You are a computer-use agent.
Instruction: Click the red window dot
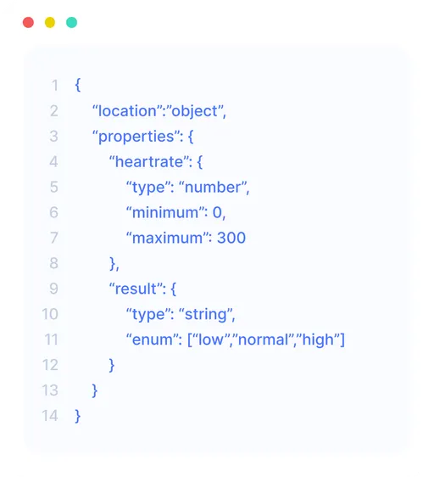pos(28,23)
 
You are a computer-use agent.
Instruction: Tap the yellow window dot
pos(50,23)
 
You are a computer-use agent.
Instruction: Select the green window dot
pos(72,23)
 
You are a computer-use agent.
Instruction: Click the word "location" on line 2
pos(126,110)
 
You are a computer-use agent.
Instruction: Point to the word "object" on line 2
pos(195,111)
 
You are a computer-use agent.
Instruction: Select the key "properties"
pos(136,137)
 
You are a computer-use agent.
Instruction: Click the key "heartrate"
pos(149,161)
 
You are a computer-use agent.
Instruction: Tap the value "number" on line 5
pos(213,187)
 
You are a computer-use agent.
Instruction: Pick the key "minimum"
pos(165,212)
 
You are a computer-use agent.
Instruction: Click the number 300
pos(231,238)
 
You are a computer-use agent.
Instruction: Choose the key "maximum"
pos(168,238)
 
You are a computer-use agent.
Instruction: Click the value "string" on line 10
pos(206,315)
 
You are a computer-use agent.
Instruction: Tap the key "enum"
pos(153,340)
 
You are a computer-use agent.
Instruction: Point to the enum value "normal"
pos(263,340)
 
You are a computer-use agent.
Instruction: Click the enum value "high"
pos(318,340)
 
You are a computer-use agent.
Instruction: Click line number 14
pos(50,416)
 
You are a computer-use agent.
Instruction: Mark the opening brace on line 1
pos(78,85)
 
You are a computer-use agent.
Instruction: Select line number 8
pos(53,263)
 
